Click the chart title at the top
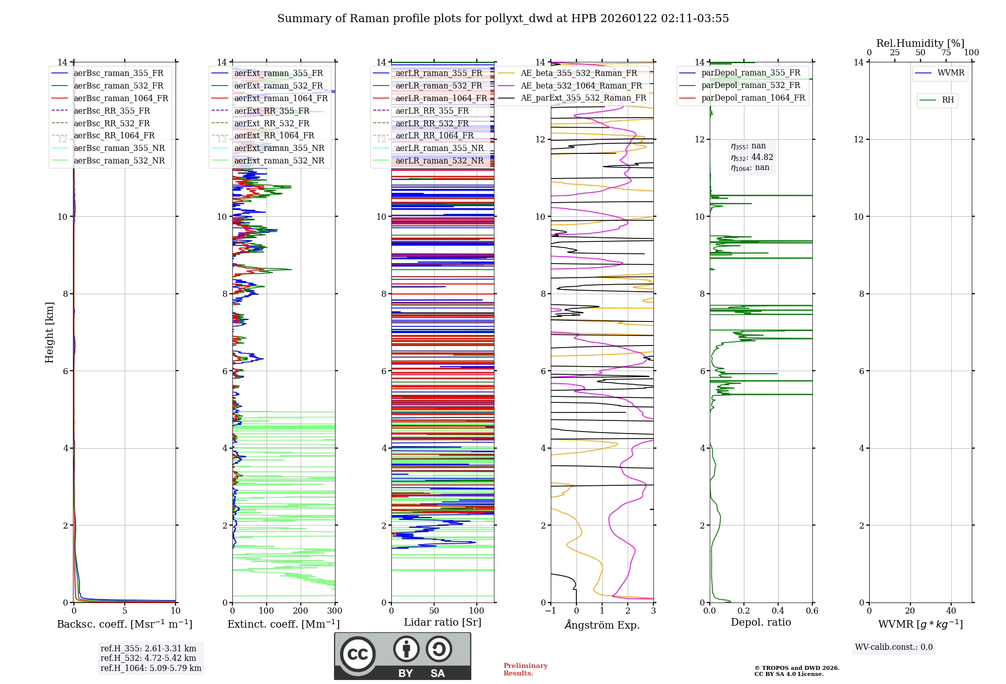click(503, 19)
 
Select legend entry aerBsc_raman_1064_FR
click(121, 98)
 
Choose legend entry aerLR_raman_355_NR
click(439, 148)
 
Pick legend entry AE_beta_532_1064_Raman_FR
click(581, 85)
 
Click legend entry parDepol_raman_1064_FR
click(753, 98)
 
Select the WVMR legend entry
click(951, 73)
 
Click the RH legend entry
click(948, 100)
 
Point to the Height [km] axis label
click(49, 332)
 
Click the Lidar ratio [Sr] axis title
click(443, 622)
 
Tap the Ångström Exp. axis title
click(602, 625)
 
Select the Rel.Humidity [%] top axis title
click(920, 43)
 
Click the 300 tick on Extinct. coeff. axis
click(334, 611)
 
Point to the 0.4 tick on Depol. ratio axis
click(778, 611)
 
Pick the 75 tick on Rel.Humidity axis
click(946, 53)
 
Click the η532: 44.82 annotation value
click(752, 157)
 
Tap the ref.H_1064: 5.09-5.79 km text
click(151, 668)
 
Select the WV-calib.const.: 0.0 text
click(894, 647)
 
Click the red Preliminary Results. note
click(525, 669)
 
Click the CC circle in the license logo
click(358, 654)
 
